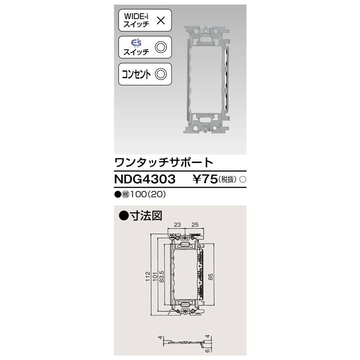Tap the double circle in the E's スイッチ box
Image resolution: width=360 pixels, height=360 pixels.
point(160,47)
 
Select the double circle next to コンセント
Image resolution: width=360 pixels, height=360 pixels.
point(161,74)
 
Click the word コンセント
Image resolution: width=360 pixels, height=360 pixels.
point(137,74)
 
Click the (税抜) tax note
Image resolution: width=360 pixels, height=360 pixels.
point(228,180)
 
